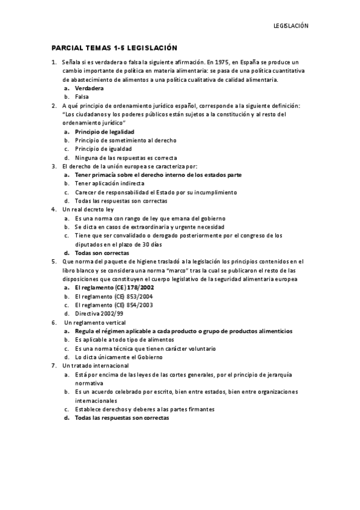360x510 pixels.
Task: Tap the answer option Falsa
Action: [x=82, y=96]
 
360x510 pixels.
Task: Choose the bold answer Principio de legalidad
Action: [x=104, y=131]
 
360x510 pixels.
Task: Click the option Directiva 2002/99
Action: [x=99, y=314]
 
